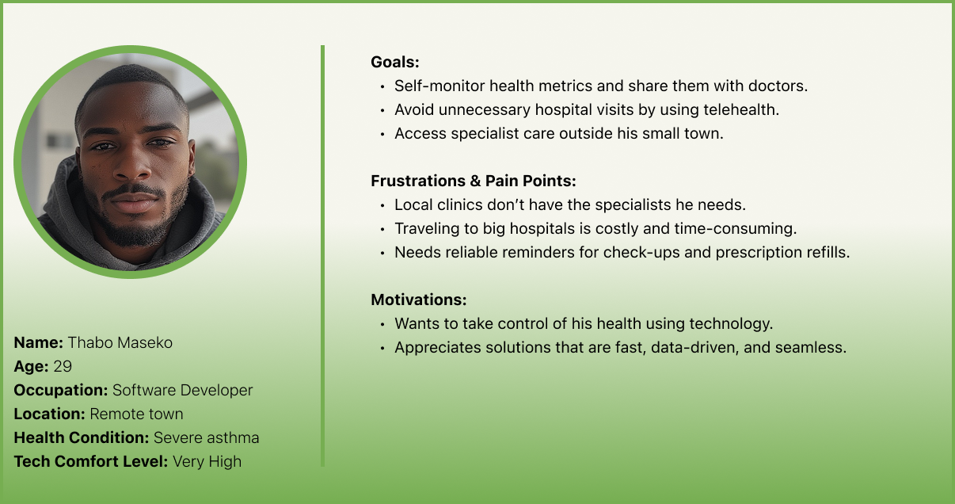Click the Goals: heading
pyautogui.click(x=395, y=63)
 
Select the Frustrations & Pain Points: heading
pyautogui.click(x=474, y=181)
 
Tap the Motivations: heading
pyautogui.click(x=419, y=300)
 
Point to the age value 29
pyautogui.click(x=63, y=367)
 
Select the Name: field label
pyautogui.click(x=38, y=342)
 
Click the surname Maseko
pyautogui.click(x=145, y=342)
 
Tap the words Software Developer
pyautogui.click(x=182, y=391)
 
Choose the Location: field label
pyautogui.click(x=49, y=414)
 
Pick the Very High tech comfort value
pyautogui.click(x=207, y=462)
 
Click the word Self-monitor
pyautogui.click(x=439, y=86)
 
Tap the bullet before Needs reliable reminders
pyautogui.click(x=382, y=254)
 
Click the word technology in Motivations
pyautogui.click(x=731, y=324)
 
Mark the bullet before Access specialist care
pyautogui.click(x=382, y=135)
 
